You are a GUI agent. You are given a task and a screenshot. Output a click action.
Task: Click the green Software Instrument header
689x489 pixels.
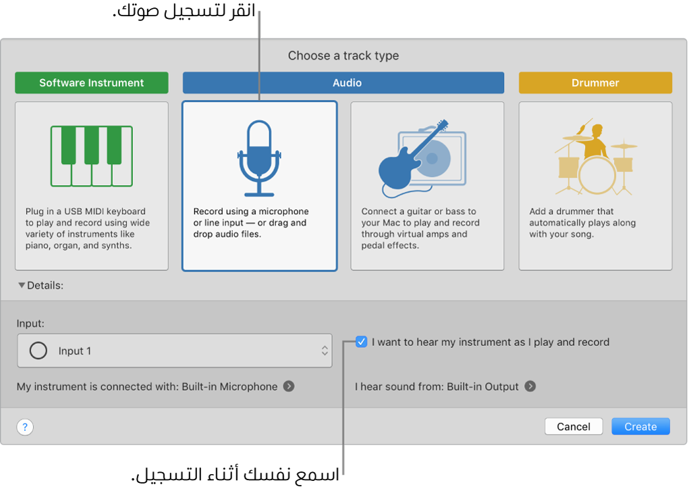pos(91,83)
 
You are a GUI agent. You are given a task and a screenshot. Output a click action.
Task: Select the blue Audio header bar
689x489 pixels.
pos(343,83)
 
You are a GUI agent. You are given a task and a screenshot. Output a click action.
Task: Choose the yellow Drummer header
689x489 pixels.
pos(595,83)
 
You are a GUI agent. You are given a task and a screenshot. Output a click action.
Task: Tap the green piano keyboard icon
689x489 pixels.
pos(91,155)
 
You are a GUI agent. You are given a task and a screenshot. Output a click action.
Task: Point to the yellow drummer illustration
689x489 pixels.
pos(595,158)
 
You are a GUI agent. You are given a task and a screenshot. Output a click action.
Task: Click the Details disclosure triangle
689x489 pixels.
pos(22,286)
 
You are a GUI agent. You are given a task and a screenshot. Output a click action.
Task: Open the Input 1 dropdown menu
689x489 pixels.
pos(175,351)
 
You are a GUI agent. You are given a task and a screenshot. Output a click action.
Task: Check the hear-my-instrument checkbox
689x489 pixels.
pos(362,342)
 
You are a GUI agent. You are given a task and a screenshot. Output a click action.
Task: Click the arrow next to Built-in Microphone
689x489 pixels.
pos(289,386)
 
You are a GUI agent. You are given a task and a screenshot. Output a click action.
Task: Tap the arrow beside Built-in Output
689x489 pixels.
pos(530,386)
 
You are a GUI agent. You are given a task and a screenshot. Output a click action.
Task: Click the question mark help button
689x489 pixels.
pos(25,427)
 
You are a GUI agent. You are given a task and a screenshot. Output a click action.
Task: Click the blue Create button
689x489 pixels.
pos(640,427)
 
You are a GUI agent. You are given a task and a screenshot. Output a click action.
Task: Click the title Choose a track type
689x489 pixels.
pos(343,55)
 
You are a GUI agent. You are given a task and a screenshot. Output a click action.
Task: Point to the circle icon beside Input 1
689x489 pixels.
pos(38,351)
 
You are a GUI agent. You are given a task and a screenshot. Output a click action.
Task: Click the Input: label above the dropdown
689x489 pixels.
pos(30,324)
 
